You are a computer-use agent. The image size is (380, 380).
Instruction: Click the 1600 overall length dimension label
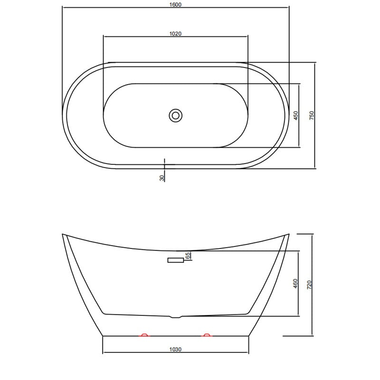(175, 5)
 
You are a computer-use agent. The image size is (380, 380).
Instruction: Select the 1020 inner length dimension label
(175, 34)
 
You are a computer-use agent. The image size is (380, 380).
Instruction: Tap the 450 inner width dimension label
(295, 115)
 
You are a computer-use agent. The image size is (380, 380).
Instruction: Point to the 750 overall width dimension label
(312, 115)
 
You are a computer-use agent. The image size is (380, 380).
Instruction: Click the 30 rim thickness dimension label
(162, 178)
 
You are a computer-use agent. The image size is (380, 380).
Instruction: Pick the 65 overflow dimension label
(187, 256)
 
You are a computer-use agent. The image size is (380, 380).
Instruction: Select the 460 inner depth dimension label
(295, 284)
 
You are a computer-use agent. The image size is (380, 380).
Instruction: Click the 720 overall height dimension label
(309, 285)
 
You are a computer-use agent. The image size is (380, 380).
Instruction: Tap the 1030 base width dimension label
(175, 350)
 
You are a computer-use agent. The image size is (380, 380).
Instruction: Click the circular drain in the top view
(175, 115)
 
